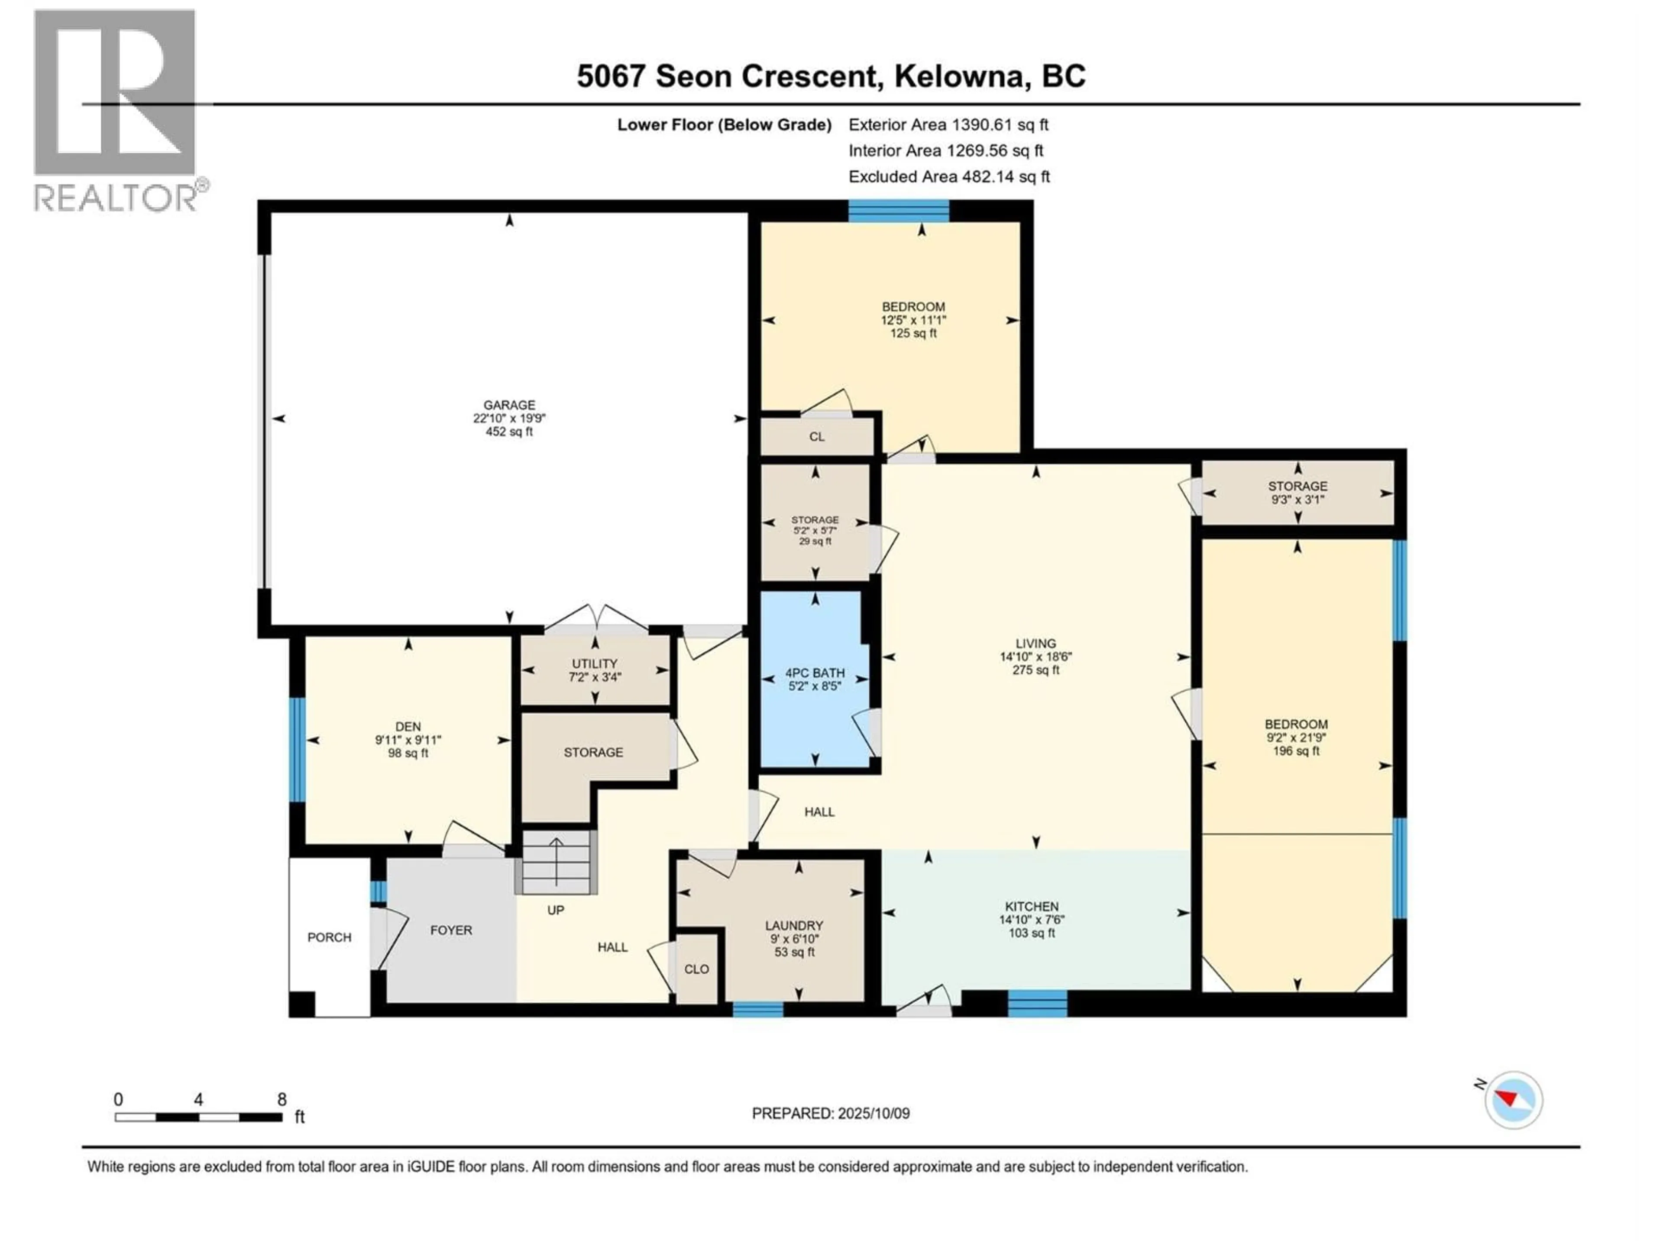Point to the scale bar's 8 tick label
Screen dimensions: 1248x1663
click(282, 1099)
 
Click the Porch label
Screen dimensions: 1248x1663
click(329, 937)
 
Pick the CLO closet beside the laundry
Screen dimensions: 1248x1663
click(697, 969)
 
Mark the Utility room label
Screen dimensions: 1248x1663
click(594, 663)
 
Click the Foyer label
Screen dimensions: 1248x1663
click(451, 930)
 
